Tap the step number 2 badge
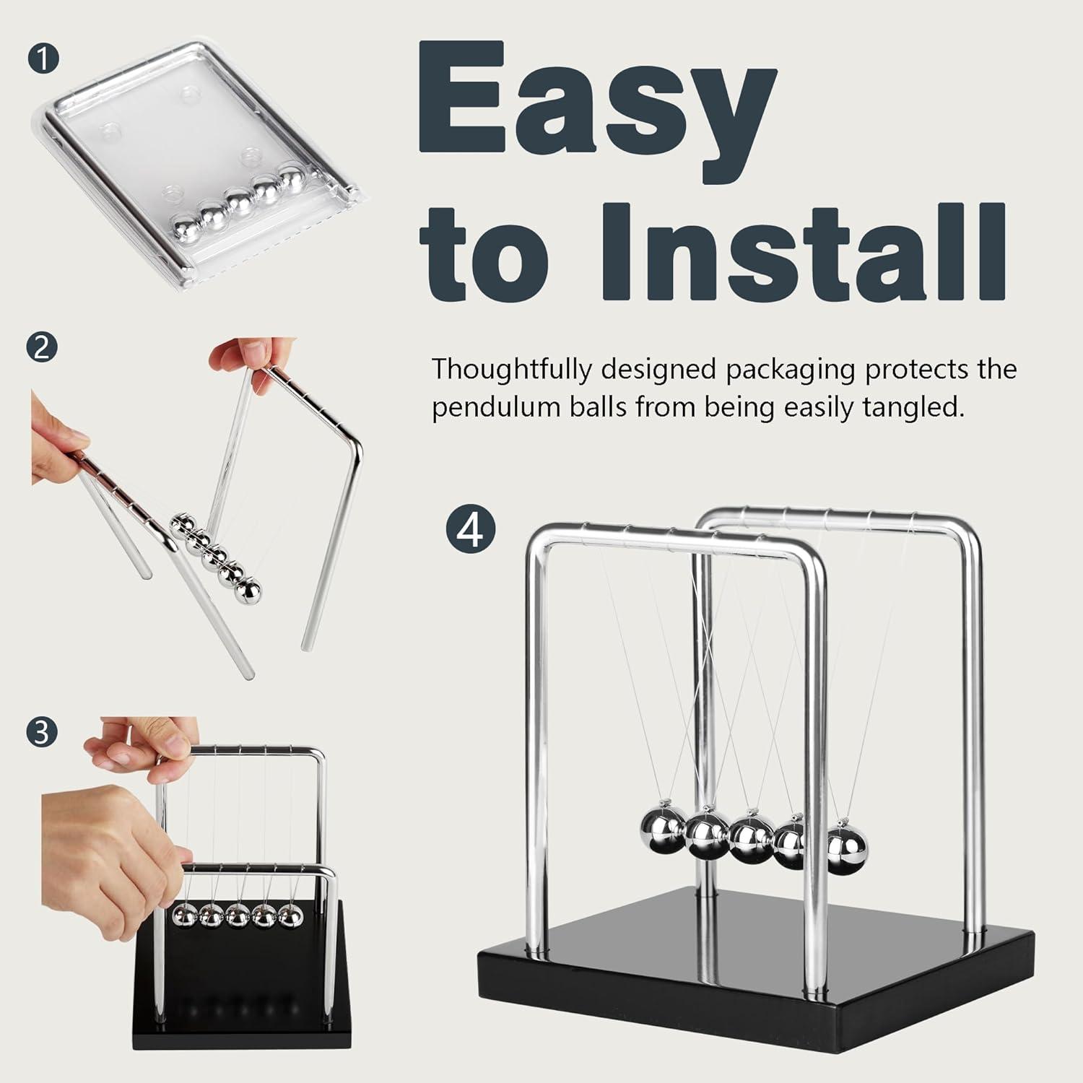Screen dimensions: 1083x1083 pyautogui.click(x=41, y=348)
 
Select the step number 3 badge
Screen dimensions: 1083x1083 pyautogui.click(x=41, y=732)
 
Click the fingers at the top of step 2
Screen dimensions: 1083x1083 pyautogui.click(x=242, y=358)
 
